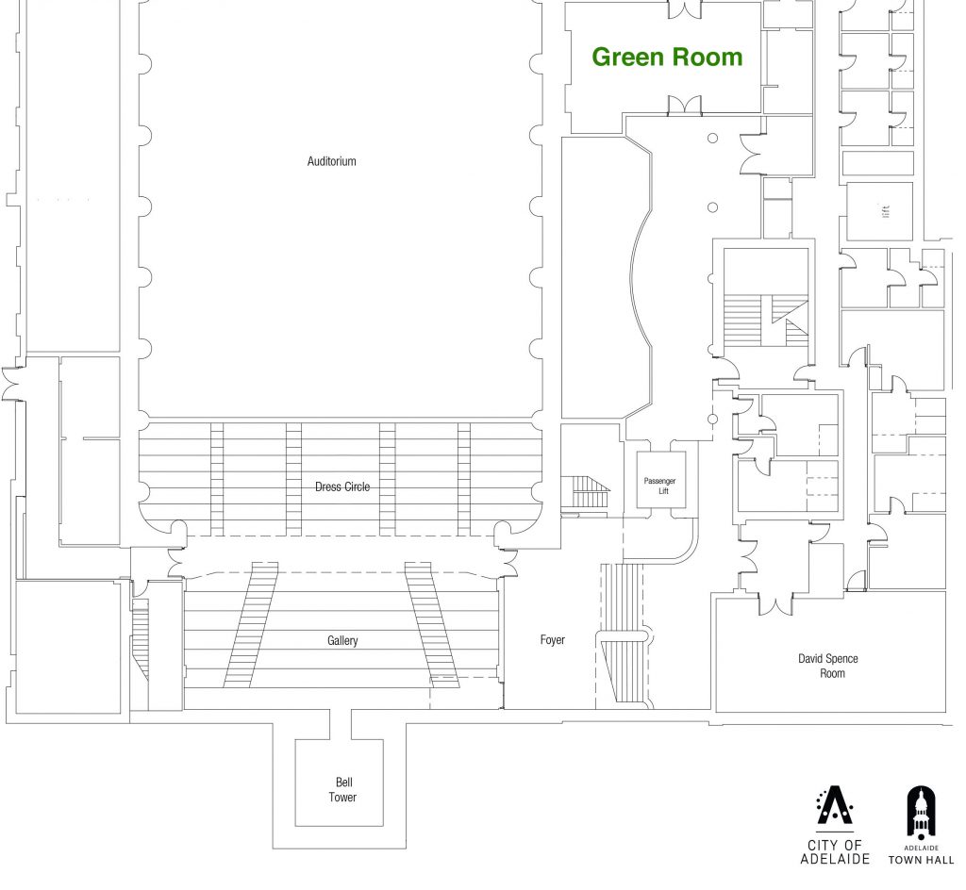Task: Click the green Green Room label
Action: click(x=667, y=58)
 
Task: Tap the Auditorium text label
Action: click(x=331, y=161)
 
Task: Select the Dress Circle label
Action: click(x=341, y=486)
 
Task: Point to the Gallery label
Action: click(x=342, y=641)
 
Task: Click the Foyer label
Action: click(x=552, y=640)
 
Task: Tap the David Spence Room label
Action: click(x=827, y=666)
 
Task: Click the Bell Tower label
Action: click(x=342, y=790)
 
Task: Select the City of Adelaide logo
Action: click(x=834, y=825)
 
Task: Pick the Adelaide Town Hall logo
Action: click(x=921, y=825)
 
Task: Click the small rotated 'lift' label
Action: click(x=885, y=211)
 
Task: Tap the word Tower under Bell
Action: click(x=342, y=798)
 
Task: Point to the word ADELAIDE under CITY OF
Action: click(x=834, y=859)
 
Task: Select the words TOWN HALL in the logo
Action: click(x=921, y=860)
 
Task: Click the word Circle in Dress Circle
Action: click(x=356, y=486)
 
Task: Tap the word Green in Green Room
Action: click(x=625, y=58)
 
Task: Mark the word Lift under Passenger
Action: click(x=663, y=491)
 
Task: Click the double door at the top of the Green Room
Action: click(x=685, y=9)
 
